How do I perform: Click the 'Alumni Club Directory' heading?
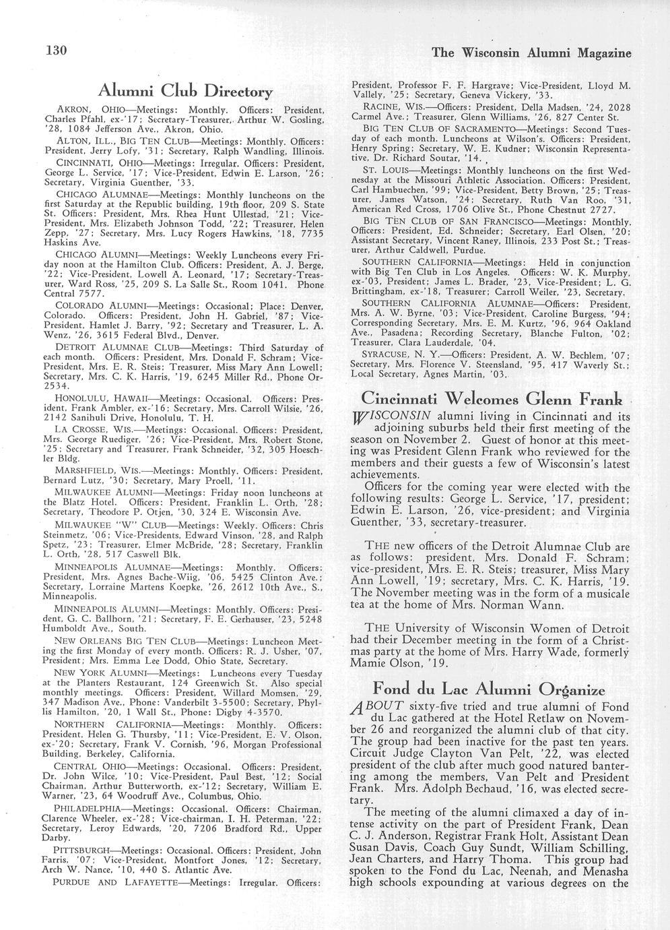(x=185, y=91)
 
